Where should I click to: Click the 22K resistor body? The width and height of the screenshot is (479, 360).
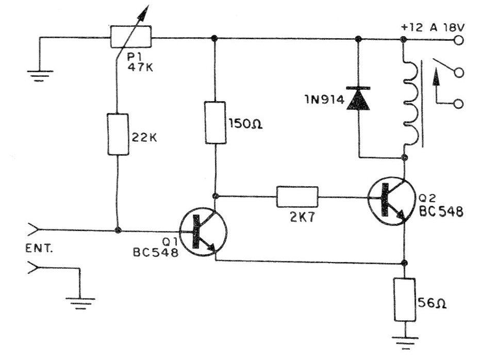[118, 135]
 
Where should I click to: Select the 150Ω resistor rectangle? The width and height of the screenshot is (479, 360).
[216, 122]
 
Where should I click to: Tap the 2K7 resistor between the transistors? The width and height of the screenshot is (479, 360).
[297, 197]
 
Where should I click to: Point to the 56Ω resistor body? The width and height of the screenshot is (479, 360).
[405, 300]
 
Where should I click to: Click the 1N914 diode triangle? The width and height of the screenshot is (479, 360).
[358, 100]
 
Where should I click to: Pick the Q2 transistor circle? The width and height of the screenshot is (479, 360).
[391, 201]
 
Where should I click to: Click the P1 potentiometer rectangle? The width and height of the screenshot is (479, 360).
[131, 37]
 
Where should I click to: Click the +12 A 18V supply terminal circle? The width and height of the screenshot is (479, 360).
[458, 40]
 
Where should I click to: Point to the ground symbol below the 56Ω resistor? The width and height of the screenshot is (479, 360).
[405, 342]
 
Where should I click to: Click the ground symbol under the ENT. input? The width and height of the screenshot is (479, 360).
[80, 303]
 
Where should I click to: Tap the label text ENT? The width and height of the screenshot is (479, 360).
[39, 249]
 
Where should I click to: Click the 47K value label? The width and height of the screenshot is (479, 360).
[140, 67]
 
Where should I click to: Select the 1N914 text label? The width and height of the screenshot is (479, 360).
[324, 100]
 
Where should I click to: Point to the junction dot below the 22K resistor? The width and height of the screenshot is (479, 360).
[118, 230]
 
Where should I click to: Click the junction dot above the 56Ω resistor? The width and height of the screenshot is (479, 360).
[404, 263]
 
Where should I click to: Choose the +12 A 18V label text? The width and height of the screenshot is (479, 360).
[433, 27]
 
